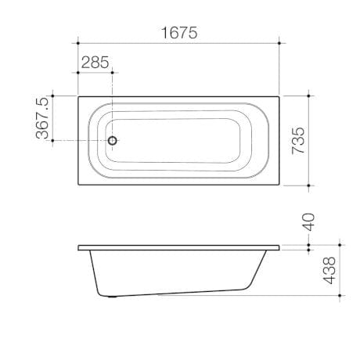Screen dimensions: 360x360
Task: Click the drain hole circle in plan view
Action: pos(113,141)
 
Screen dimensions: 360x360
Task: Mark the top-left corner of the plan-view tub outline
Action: pos(78,96)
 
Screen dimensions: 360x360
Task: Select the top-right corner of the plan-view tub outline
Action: pos(280,96)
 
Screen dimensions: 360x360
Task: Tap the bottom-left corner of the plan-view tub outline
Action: pos(78,185)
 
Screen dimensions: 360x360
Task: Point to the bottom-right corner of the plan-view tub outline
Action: pos(280,185)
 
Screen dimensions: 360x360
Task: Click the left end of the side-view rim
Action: pos(79,248)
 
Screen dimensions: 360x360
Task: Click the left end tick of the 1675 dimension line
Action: pos(78,44)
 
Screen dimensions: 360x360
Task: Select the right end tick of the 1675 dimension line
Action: pos(280,44)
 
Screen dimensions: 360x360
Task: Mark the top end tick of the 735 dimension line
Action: pos(310,96)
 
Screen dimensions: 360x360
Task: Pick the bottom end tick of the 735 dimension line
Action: pos(310,185)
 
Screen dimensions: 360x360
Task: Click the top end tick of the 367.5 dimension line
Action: pos(53,96)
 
